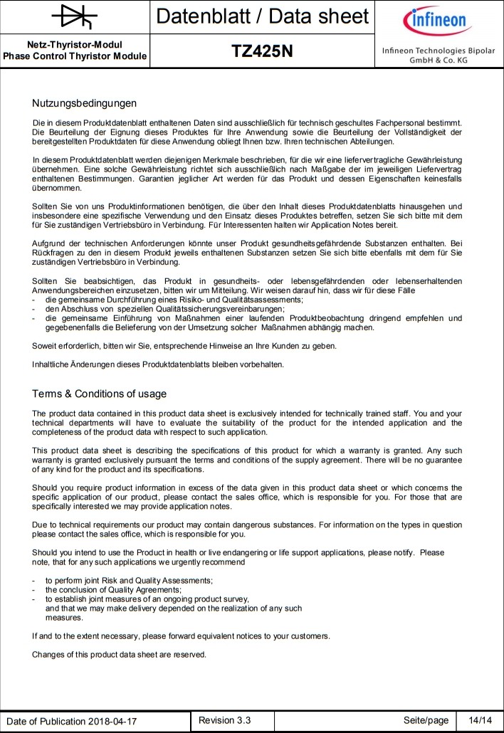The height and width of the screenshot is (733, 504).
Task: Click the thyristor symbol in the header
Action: click(75, 16)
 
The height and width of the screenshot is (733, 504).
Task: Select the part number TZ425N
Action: click(262, 52)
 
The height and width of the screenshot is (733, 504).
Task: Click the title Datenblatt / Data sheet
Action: click(262, 16)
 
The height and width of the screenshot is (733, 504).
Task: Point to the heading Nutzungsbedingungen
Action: click(84, 104)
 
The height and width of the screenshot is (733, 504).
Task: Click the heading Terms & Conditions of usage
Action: click(99, 394)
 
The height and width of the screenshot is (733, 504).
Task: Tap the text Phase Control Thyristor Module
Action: click(75, 56)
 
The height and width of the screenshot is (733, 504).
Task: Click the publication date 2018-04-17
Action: click(112, 721)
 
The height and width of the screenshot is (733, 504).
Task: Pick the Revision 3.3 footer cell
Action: click(225, 720)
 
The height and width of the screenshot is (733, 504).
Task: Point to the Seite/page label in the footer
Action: click(426, 720)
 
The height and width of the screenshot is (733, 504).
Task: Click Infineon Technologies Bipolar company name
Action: click(438, 51)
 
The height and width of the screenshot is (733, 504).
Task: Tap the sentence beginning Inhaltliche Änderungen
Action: click(157, 364)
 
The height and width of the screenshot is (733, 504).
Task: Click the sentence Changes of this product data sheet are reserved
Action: click(119, 654)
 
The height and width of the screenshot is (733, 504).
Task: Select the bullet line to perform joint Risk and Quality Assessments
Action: click(129, 581)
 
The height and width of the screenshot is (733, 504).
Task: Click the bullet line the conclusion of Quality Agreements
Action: click(113, 590)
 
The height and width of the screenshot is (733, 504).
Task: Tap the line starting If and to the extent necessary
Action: click(181, 636)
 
